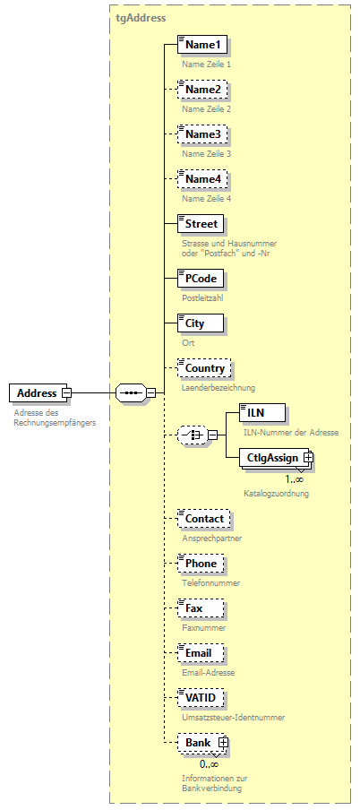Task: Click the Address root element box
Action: tap(36, 392)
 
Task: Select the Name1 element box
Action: tap(201, 44)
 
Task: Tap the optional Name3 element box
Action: tap(201, 134)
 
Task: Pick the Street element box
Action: tap(200, 223)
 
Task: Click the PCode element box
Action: tap(200, 278)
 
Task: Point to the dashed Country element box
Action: tap(204, 368)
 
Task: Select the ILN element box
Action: tap(264, 412)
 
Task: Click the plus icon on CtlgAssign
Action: tap(308, 457)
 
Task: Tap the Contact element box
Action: tap(203, 518)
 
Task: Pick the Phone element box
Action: tap(201, 564)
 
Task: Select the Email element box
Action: tap(200, 653)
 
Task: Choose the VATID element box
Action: tap(200, 697)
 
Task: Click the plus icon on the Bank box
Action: tap(223, 742)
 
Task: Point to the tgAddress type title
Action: tap(141, 17)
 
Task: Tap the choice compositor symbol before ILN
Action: tap(191, 435)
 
